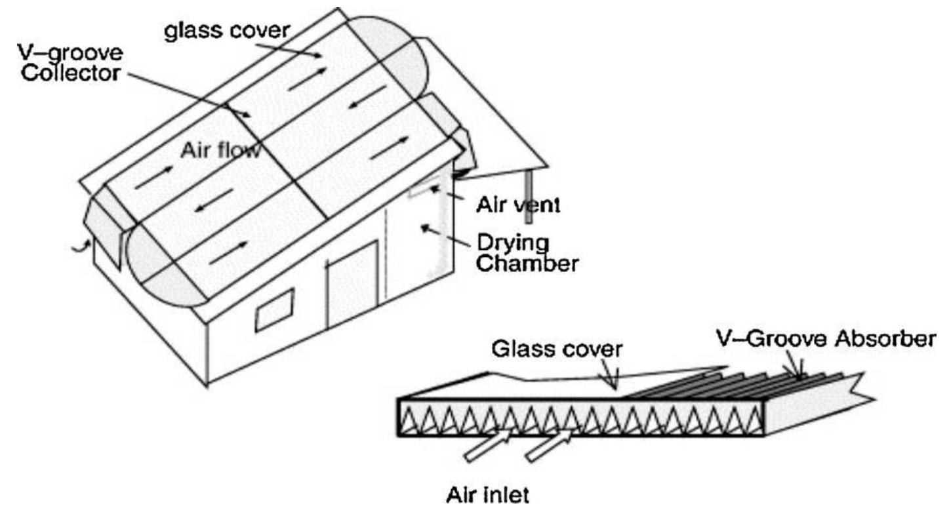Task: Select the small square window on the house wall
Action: coord(274,309)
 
